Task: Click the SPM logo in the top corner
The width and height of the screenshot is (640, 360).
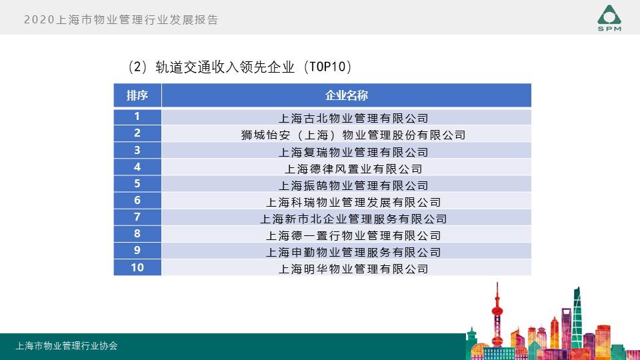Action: pos(609,18)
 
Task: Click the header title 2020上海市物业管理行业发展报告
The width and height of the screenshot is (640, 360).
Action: pos(121,19)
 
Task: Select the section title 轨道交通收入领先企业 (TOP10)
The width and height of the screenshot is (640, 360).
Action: pos(240,67)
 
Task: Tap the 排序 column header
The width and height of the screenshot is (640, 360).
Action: pos(137,95)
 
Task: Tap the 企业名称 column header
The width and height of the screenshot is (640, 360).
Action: pos(347,95)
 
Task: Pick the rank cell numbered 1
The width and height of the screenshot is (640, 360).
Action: pos(137,117)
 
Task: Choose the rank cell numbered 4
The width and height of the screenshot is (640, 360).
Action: pos(137,167)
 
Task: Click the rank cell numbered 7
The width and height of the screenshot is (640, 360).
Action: pos(137,217)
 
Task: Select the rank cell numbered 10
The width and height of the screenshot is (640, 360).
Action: pos(137,267)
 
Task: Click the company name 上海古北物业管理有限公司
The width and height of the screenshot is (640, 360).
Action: pos(353,119)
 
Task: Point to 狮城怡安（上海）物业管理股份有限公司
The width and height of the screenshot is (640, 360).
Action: pos(353,135)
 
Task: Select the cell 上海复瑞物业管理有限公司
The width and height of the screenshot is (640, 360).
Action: pos(353,152)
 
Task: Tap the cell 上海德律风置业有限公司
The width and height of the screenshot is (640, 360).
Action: pos(353,169)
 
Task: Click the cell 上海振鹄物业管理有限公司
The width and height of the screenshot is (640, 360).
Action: pos(353,186)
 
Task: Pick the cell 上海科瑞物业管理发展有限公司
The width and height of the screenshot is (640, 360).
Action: pos(353,203)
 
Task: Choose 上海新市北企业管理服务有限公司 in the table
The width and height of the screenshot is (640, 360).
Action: pos(353,219)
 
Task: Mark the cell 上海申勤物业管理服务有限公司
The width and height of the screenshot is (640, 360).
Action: pos(353,253)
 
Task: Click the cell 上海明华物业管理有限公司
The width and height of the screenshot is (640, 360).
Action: pos(353,269)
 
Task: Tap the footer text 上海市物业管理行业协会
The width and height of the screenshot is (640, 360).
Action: pos(67,346)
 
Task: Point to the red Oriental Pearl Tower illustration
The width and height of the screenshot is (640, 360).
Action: pos(497,314)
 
